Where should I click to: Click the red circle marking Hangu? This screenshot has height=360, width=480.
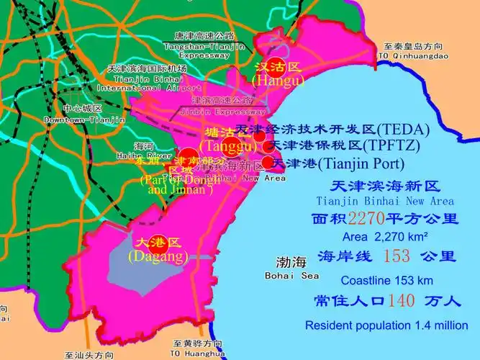pyautogui.click(x=276, y=66)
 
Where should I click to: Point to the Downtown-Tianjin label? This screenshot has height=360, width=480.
pyautogui.click(x=84, y=120)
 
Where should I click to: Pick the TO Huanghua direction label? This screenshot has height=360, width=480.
pyautogui.click(x=198, y=354)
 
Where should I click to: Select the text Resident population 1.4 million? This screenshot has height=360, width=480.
pyautogui.click(x=386, y=325)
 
